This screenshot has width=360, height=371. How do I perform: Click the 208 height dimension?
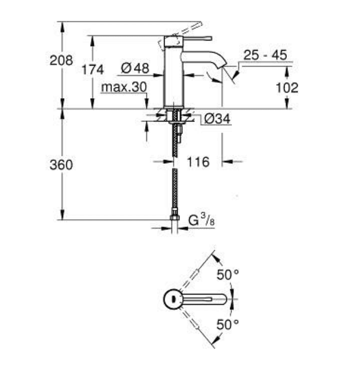(x=61, y=61)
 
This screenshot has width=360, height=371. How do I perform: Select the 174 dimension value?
(x=93, y=70)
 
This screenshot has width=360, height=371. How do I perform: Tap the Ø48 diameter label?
(x=135, y=68)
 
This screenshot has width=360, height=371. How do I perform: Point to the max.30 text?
(x=124, y=87)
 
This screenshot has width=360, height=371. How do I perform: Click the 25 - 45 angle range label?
(x=265, y=55)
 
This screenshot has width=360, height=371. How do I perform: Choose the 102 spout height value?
(x=287, y=88)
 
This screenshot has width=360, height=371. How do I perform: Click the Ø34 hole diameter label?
(x=217, y=119)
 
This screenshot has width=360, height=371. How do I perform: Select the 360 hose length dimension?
(x=61, y=164)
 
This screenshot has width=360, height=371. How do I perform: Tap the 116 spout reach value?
(x=198, y=162)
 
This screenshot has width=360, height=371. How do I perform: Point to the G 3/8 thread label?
(x=202, y=220)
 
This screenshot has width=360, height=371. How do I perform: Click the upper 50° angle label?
(x=227, y=275)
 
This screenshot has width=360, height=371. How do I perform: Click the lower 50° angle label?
(x=227, y=324)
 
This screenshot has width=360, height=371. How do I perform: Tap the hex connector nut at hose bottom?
(x=175, y=217)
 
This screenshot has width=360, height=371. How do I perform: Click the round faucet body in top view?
(x=173, y=299)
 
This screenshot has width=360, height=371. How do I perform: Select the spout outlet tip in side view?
(x=223, y=65)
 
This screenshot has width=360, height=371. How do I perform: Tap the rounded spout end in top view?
(x=223, y=299)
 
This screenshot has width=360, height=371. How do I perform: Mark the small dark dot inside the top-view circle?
(x=174, y=299)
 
